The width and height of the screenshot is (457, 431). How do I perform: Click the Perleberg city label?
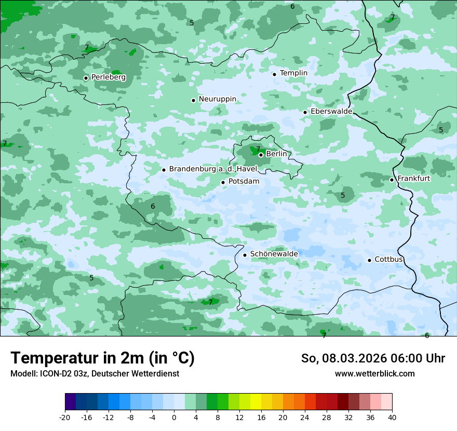click(x=108, y=77)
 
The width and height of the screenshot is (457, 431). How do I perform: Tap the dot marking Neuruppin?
click(x=193, y=100)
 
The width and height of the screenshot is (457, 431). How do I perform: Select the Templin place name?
click(x=293, y=73)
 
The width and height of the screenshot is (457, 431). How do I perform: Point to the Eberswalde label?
click(x=331, y=112)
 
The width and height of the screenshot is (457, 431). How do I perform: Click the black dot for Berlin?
click(x=261, y=155)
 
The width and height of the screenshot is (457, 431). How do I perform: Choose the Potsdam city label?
click(x=244, y=182)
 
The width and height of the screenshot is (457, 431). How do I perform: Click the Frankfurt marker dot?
click(x=392, y=180)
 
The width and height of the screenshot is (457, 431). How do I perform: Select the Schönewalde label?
click(x=274, y=254)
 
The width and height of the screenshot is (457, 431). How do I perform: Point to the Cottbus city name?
click(x=389, y=259)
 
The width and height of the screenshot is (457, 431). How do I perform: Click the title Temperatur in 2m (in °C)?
click(x=103, y=358)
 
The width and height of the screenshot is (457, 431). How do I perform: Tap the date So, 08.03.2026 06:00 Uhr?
click(x=373, y=358)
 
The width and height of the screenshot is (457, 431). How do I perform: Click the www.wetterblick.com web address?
click(x=375, y=373)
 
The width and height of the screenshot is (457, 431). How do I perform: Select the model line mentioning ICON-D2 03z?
click(x=95, y=373)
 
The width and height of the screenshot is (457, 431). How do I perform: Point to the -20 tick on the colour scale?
click(x=65, y=417)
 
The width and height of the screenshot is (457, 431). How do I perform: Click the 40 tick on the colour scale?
click(x=392, y=417)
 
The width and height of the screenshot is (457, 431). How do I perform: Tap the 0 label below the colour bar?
click(x=174, y=417)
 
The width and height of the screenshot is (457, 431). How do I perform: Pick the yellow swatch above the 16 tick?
click(x=256, y=402)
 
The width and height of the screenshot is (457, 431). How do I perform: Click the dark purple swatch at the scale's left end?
click(x=71, y=402)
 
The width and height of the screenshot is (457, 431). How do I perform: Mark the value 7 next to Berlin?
click(x=258, y=149)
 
